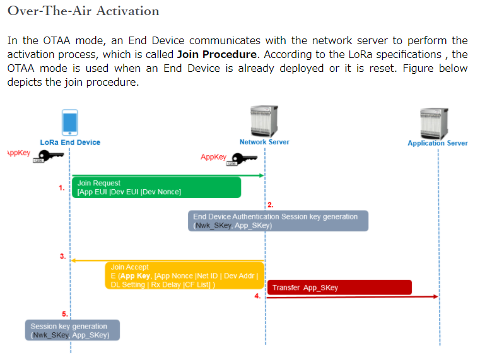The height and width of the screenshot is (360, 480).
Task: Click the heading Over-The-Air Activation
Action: [x=83, y=11]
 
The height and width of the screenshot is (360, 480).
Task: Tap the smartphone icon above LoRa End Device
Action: [x=70, y=122]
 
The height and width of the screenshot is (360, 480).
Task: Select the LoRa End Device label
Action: [x=70, y=142]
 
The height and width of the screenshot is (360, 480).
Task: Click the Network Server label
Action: [x=264, y=142]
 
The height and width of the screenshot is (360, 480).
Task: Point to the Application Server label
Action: [x=437, y=143]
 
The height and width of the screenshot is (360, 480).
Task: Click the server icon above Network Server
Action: [x=264, y=120]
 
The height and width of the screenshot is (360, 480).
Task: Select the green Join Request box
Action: [x=156, y=187]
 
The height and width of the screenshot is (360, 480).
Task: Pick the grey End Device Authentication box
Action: [x=278, y=221]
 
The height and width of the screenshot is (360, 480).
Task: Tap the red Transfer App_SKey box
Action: [x=339, y=287]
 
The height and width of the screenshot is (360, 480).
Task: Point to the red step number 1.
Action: [x=62, y=188]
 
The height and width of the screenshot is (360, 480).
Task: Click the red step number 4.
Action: [x=257, y=296]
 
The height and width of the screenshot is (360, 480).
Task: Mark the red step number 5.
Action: [x=64, y=313]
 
